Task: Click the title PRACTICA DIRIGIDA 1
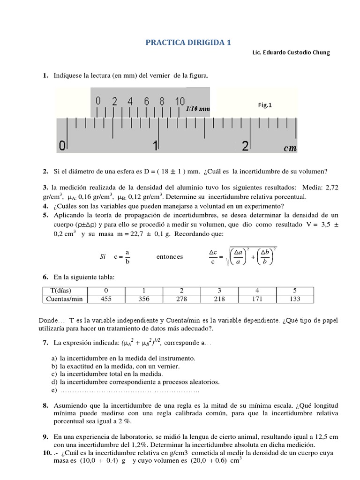[x=188, y=42]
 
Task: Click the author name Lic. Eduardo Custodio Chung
[x=291, y=52]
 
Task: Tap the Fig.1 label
[x=265, y=105]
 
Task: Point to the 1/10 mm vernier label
[x=197, y=109]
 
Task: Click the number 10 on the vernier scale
[x=180, y=101]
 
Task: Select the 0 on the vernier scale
[x=98, y=101]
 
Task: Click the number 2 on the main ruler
[x=245, y=146]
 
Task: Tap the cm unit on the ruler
[x=290, y=148]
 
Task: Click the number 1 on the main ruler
[x=156, y=146]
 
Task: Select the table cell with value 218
[x=218, y=299]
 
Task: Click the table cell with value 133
[x=295, y=299]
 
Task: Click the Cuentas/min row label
[x=64, y=299]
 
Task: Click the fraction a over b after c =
[x=127, y=257]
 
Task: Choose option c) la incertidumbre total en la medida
[x=107, y=374]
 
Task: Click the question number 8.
[x=45, y=405]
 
